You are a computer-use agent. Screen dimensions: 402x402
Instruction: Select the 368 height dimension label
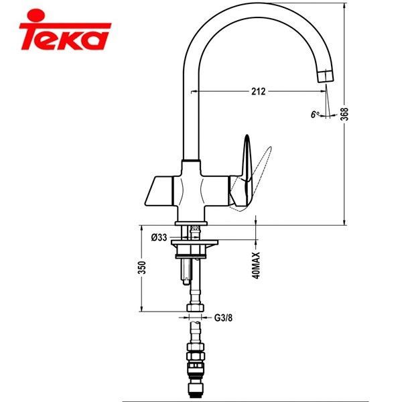pos(344,114)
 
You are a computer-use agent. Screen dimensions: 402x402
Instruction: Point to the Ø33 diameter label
pos(159,237)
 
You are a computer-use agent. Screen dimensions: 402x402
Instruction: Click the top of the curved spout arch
pos(255,13)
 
